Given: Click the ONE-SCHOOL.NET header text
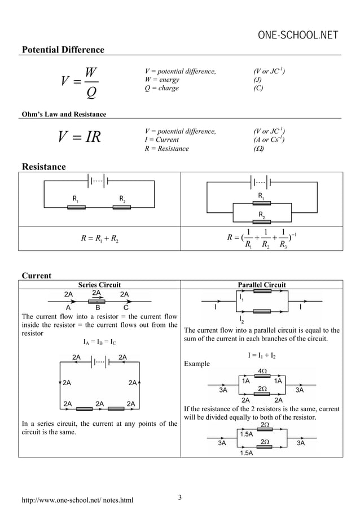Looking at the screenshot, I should click(298, 36).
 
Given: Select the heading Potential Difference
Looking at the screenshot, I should click(63, 50).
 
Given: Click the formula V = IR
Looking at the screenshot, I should click(80, 138).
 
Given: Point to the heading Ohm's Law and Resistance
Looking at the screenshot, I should click(64, 115).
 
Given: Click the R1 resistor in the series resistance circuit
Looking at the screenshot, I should click(76, 207).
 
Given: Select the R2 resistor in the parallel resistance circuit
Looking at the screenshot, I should click(261, 221).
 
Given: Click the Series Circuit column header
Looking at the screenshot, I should click(99, 285).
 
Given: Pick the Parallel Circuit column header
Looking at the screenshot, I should click(262, 285).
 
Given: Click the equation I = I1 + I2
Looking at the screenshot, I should click(262, 356).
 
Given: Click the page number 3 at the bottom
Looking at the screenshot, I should click(179, 497).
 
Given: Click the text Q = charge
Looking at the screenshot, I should click(162, 88).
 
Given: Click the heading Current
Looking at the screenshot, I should click(36, 276).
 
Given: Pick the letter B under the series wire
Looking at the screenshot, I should click(98, 308).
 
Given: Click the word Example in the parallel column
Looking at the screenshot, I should click(197, 364).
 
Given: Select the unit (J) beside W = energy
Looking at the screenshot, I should click(258, 80).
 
